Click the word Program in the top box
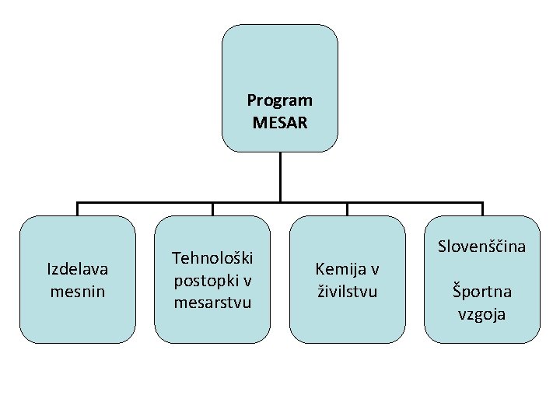pos(279,100)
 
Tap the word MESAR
pos(280,122)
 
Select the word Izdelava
pos(78,269)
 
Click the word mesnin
pos(78,292)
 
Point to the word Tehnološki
pos(212,257)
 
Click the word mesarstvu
pos(212,302)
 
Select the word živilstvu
pos(347,292)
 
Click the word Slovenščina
pos(481,247)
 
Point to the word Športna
pos(482,292)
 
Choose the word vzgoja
pos(482,314)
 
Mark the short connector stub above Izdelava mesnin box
pos(78,209)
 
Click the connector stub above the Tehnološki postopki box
pos(212,209)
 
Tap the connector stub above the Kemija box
pos(347,209)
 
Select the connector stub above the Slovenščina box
pos(482,209)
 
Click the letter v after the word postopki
pos(244,279)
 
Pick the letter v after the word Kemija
pos(374,269)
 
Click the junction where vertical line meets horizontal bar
pos(280,203)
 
